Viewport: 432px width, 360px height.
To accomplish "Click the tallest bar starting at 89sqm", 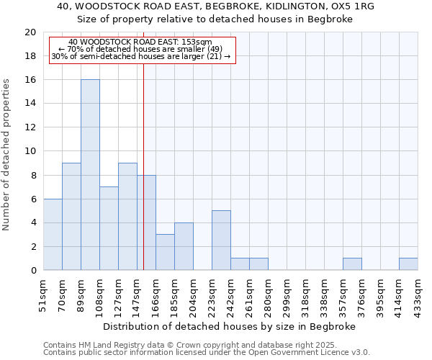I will (x=90, y=175).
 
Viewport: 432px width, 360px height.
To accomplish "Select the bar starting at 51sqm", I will (x=53, y=235).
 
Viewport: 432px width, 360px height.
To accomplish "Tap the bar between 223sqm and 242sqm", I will (x=221, y=240).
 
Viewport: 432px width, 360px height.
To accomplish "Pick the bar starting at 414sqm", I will (x=408, y=264).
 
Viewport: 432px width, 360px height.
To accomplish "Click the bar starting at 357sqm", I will (x=352, y=264).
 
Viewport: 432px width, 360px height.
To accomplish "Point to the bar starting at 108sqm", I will (x=109, y=228).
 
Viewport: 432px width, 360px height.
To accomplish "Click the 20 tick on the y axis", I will (x=30, y=32).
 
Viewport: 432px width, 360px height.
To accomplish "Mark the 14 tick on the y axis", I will (x=30, y=104).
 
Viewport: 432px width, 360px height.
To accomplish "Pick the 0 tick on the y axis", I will (x=33, y=271).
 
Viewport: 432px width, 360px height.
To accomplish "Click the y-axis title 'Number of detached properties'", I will (x=7, y=155).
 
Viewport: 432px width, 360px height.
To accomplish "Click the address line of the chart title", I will (x=215, y=6).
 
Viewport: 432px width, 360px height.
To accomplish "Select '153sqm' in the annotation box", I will (x=196, y=42).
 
